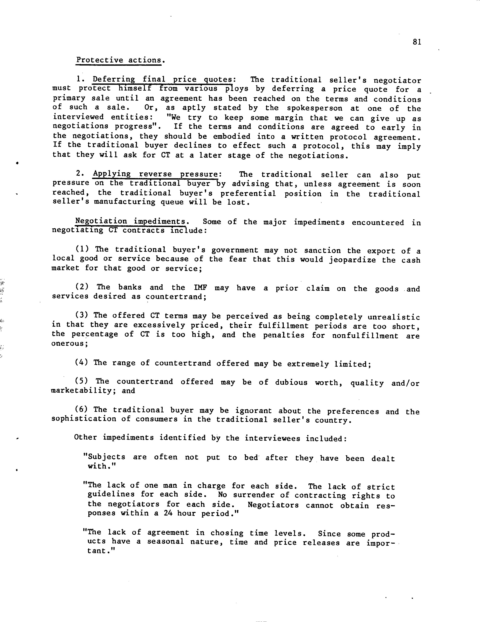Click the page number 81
point(417,42)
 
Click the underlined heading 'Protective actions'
point(118,60)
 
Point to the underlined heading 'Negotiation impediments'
point(130,221)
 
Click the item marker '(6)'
point(81,410)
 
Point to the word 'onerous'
point(68,343)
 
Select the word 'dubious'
point(291,382)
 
